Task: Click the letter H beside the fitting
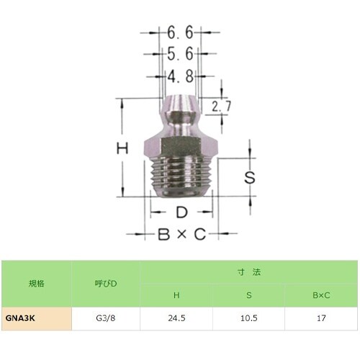coord(123,149)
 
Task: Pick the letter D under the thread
coord(181,212)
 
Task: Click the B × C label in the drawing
coord(181,235)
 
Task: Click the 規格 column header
coord(36,283)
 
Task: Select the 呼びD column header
coord(105,283)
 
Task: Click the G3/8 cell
coord(105,316)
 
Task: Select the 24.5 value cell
coord(176,316)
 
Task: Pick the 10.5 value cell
coord(248,316)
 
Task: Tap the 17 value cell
coord(320,316)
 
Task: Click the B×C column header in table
coord(320,294)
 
